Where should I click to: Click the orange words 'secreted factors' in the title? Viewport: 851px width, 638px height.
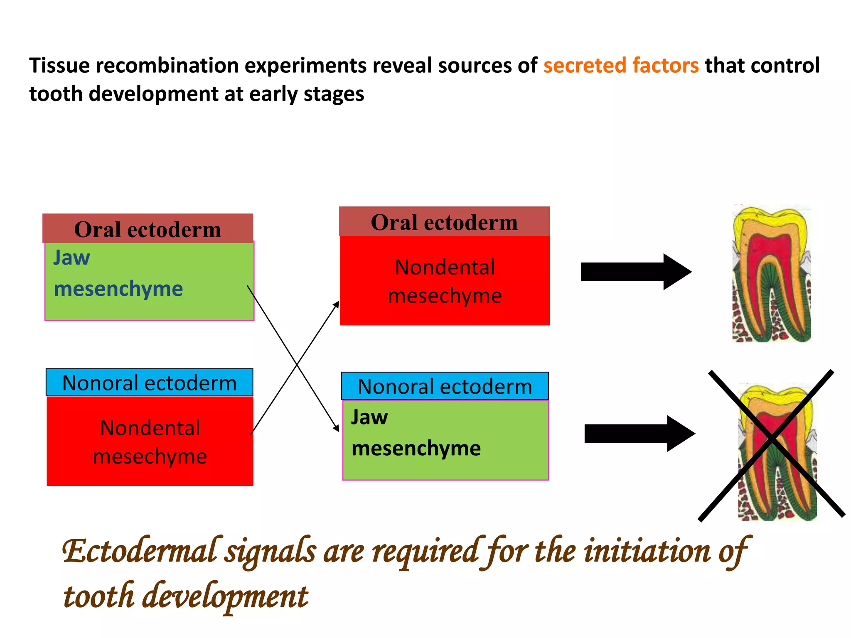621,66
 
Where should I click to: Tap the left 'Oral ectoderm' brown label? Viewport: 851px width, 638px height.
148,229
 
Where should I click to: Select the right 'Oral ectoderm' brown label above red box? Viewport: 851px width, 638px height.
444,222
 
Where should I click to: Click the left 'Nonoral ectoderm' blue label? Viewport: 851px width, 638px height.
149,383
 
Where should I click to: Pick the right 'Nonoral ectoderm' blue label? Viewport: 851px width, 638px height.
445,387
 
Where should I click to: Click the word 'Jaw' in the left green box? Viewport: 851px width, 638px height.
71,258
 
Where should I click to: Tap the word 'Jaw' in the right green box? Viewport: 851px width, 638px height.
369,417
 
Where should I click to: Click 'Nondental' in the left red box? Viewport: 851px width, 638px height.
150,428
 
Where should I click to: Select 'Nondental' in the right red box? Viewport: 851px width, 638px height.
445,267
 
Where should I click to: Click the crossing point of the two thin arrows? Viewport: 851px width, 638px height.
297,365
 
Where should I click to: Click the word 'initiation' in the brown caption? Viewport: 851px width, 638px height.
647,552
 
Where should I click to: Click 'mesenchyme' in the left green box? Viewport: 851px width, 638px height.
118,289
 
